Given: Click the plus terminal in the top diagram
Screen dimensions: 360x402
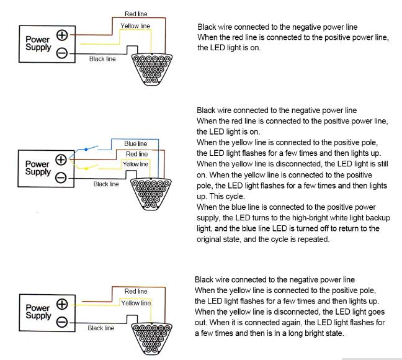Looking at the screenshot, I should (x=62, y=35).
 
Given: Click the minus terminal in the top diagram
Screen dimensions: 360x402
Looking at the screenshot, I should (x=62, y=53).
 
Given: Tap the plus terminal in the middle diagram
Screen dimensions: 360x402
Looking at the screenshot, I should (x=61, y=160).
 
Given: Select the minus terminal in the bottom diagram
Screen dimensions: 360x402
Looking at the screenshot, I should (x=62, y=322).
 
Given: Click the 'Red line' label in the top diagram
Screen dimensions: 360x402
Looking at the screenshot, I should (x=136, y=13).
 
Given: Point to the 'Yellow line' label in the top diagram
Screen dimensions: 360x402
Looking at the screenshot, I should (x=135, y=26).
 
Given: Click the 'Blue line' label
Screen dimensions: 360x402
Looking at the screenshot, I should (x=136, y=144).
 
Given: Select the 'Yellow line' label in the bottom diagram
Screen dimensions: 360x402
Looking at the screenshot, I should (x=136, y=303).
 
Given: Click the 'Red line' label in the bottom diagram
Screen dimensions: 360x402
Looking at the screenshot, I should (x=136, y=290).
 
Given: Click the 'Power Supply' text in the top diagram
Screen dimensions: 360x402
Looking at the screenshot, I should (x=37, y=43).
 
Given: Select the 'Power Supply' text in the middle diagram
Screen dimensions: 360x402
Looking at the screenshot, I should (x=37, y=168).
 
